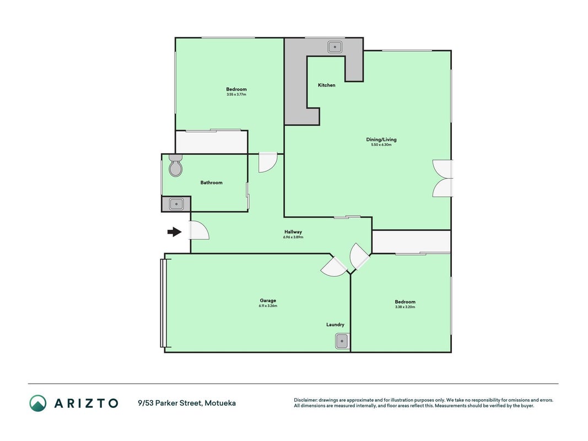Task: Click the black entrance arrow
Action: click(174, 232)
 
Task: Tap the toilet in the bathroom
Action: click(175, 165)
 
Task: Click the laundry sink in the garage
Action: click(342, 341)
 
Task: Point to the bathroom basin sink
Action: click(176, 205)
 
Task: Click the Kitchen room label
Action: click(327, 85)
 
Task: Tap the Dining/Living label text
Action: click(381, 139)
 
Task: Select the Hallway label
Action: click(293, 232)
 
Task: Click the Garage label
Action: click(268, 300)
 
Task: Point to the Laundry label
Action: click(335, 325)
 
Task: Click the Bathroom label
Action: click(212, 182)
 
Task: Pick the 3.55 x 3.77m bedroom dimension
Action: click(236, 94)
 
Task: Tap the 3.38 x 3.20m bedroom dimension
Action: click(405, 306)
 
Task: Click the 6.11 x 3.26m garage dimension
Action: click(268, 305)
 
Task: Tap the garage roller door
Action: click(163, 303)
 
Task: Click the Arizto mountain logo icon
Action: click(38, 403)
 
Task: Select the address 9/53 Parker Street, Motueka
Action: click(187, 403)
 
